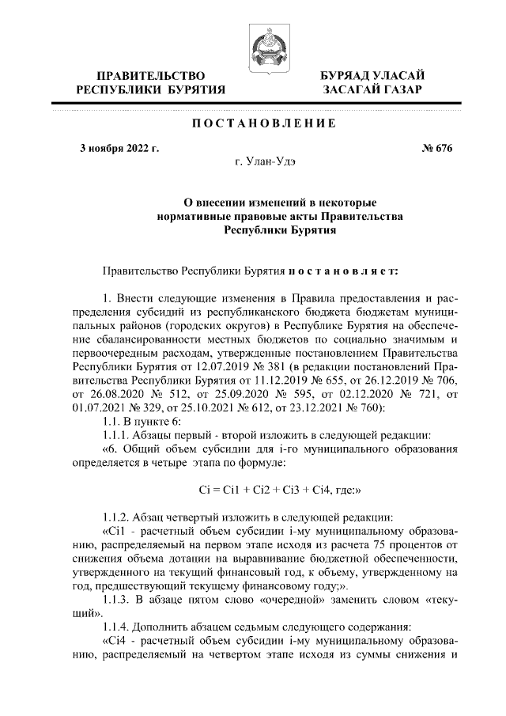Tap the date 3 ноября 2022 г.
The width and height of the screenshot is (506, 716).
pos(119,148)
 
